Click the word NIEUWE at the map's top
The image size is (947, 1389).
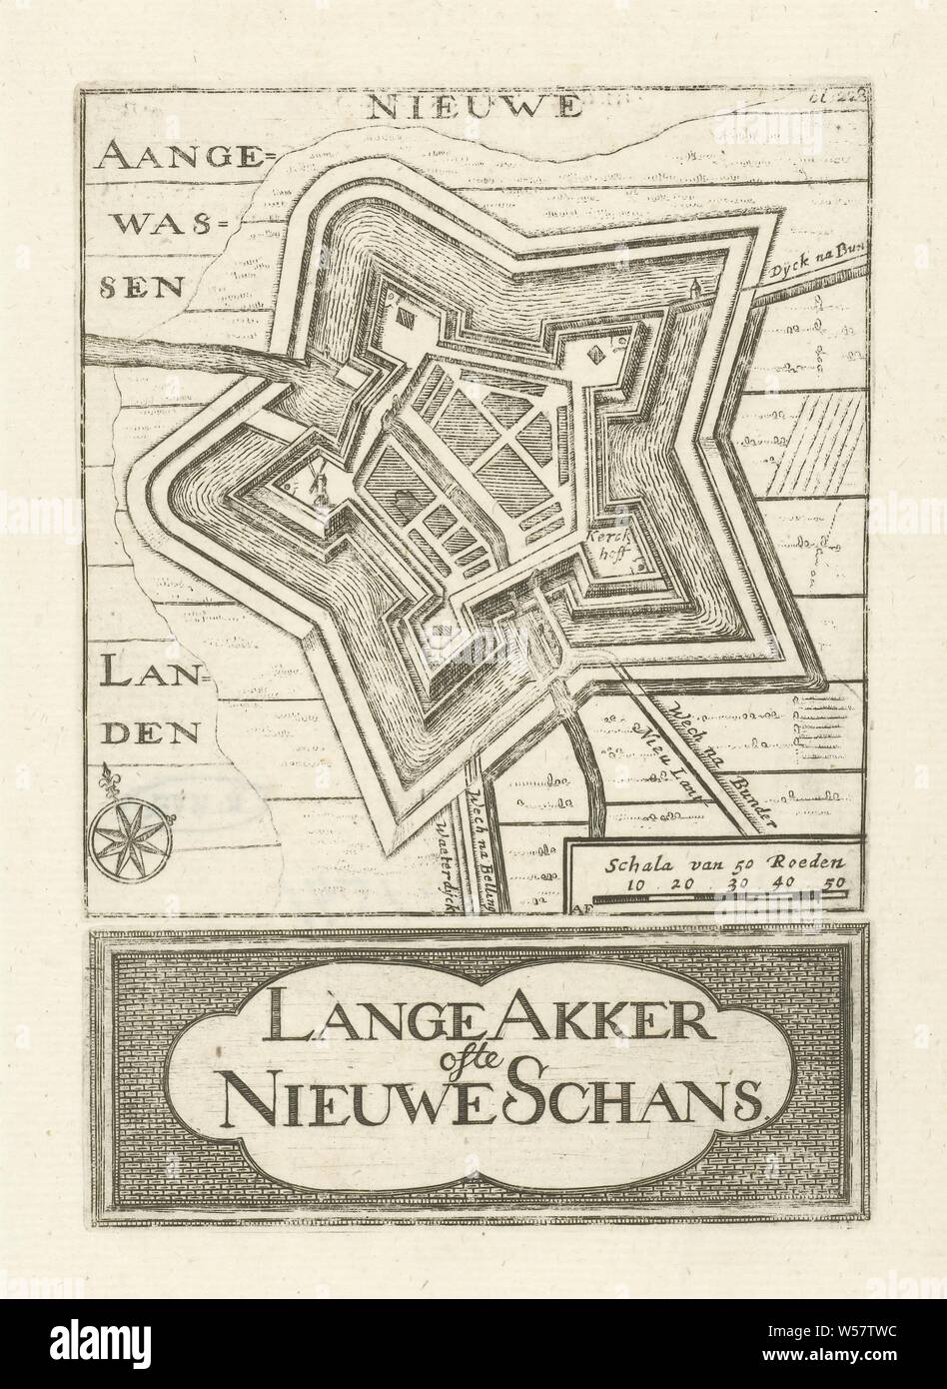coord(473,108)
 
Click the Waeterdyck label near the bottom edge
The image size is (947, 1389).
coord(455,859)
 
